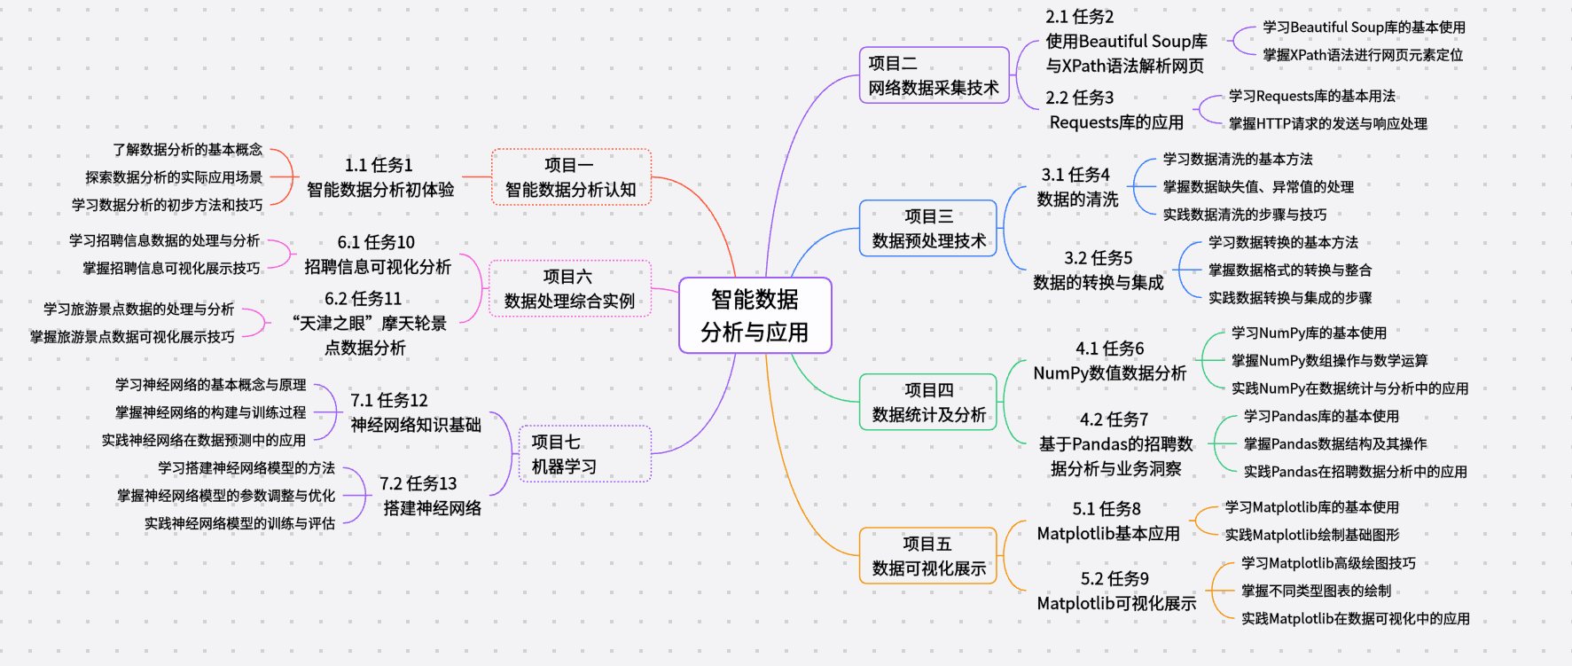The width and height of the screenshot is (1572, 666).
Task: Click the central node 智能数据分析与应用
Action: (755, 316)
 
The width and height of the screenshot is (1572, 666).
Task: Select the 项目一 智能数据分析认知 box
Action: (570, 177)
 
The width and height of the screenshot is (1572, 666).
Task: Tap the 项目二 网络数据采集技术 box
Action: (934, 75)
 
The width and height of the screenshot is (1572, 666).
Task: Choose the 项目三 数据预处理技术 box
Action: (928, 229)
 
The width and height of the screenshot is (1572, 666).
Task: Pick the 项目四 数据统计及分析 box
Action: (928, 403)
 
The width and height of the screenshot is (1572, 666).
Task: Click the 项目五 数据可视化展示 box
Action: (928, 556)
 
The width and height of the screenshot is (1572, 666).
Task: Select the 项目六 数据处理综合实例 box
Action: (569, 289)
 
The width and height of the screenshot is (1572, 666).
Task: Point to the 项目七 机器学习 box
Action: (584, 454)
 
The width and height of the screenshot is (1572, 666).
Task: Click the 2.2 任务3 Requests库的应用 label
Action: (1115, 110)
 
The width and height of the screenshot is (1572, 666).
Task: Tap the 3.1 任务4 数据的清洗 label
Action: (1076, 187)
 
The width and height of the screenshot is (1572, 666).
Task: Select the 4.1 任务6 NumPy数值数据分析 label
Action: (1109, 361)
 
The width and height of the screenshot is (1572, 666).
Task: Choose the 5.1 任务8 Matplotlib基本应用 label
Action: (1107, 521)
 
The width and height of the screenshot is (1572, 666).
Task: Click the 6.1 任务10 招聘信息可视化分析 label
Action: (377, 255)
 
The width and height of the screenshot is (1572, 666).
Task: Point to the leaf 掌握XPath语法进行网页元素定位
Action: (1363, 55)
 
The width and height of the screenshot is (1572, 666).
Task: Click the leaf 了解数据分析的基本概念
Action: (187, 150)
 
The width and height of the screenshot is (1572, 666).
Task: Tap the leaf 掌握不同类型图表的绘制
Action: (1316, 591)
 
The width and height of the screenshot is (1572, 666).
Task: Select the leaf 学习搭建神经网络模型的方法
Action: (246, 467)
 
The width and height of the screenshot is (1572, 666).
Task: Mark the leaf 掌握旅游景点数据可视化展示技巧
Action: (132, 337)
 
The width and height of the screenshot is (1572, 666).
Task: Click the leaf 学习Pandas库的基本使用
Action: (1321, 416)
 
